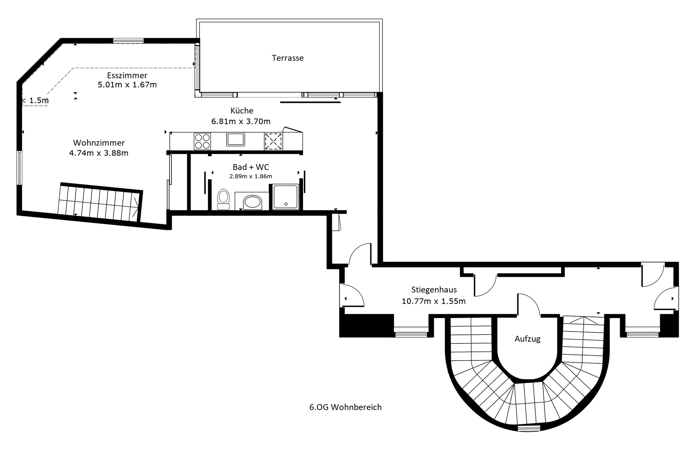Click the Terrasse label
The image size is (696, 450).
[288, 58]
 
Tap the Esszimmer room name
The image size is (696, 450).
[127, 75]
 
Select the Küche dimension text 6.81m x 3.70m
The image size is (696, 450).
[241, 121]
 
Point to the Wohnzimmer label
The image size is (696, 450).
[99, 143]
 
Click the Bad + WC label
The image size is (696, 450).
[251, 167]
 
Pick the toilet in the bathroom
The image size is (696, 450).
[223, 199]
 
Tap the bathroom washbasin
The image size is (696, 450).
[253, 202]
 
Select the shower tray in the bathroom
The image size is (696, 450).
[286, 197]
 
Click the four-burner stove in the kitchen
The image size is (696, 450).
[202, 141]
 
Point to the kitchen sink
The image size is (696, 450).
[236, 139]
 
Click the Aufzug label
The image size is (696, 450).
[527, 339]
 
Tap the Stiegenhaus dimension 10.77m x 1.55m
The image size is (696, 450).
[434, 301]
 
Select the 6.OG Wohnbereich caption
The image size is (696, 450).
[345, 407]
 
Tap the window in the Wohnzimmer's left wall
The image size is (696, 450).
[20, 168]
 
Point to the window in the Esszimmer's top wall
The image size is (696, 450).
[128, 41]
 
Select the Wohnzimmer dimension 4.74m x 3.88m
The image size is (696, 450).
[99, 153]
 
